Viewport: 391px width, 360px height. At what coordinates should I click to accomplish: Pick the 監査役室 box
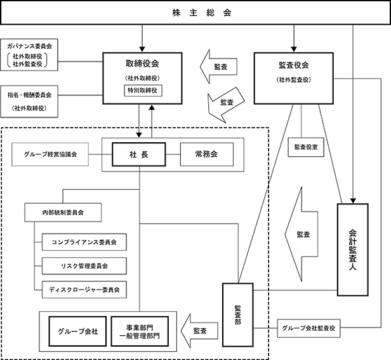pyautogui.click(x=307, y=147)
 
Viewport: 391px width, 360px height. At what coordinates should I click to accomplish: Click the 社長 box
pyautogui.click(x=139, y=155)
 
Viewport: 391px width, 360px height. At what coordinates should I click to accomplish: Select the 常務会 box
pyautogui.click(x=206, y=155)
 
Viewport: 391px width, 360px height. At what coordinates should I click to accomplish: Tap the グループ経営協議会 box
pyautogui.click(x=51, y=154)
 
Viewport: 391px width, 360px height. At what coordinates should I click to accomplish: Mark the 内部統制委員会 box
pyautogui.click(x=63, y=211)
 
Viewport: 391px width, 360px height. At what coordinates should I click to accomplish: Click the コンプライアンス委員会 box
pyautogui.click(x=83, y=242)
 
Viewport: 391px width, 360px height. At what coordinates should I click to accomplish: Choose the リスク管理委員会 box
pyautogui.click(x=83, y=265)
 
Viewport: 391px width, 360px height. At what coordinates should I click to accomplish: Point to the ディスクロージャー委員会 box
pyautogui.click(x=83, y=289)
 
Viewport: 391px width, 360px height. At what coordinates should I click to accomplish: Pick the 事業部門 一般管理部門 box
pyautogui.click(x=139, y=330)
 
